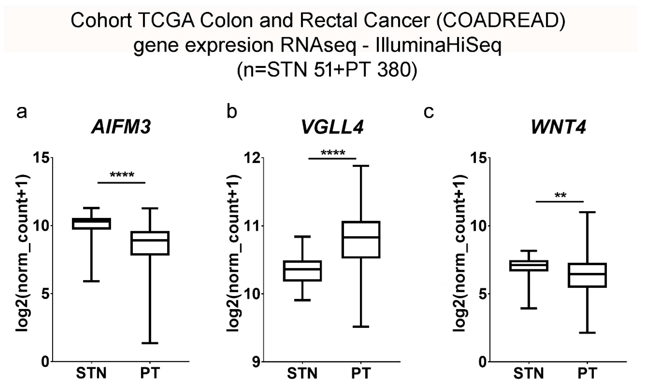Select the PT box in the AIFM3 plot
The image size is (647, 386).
150,243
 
